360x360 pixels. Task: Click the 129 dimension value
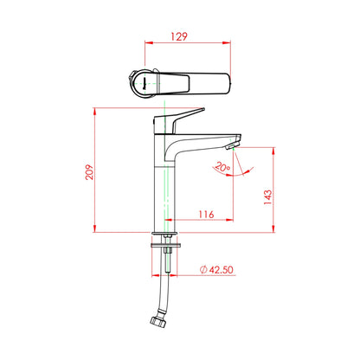click(179, 36)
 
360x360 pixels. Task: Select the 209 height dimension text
click(89, 172)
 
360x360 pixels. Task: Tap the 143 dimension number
click(268, 197)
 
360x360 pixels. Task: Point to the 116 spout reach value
click(207, 215)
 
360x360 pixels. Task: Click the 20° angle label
click(222, 167)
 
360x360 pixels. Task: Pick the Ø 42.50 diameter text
click(216, 270)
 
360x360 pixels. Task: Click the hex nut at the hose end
click(158, 321)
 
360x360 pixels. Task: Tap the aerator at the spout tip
click(232, 145)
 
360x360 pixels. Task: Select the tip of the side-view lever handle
click(203, 109)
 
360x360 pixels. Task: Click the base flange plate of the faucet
click(165, 234)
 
